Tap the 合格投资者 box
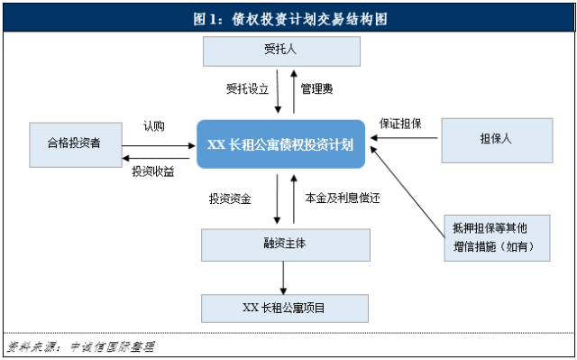click(75, 142)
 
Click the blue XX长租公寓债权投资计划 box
click(280, 143)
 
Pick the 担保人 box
click(496, 140)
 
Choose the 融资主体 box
click(285, 244)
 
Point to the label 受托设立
click(246, 89)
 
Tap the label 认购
click(153, 126)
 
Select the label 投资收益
click(154, 171)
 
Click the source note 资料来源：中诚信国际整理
click(81, 346)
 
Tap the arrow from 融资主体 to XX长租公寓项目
click(285, 277)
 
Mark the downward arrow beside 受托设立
click(279, 90)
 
